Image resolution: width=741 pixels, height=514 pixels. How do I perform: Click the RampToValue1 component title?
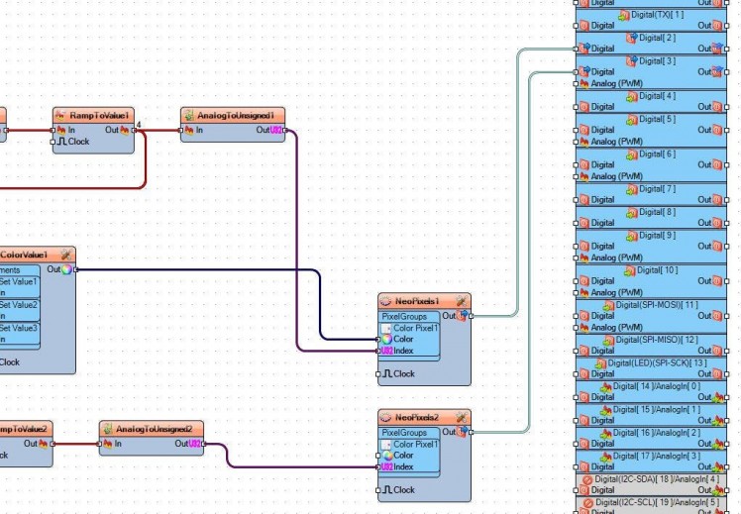click(99, 116)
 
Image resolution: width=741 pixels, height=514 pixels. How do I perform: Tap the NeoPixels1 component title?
click(417, 301)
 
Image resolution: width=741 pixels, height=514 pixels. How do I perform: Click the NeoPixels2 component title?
click(418, 418)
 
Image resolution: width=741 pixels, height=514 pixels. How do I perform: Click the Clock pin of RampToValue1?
click(77, 142)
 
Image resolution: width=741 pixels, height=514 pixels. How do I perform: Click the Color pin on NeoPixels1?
click(402, 339)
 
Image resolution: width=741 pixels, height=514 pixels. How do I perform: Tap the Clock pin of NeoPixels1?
click(402, 373)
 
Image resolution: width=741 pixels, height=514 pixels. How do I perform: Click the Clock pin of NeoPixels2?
click(402, 489)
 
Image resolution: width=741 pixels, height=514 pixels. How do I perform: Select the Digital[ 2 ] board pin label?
click(657, 38)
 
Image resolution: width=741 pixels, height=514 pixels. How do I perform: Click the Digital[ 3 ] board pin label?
click(657, 61)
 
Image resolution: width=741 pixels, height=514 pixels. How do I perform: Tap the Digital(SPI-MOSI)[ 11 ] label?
click(657, 305)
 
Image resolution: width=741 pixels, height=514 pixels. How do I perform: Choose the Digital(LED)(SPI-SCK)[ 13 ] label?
click(657, 362)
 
